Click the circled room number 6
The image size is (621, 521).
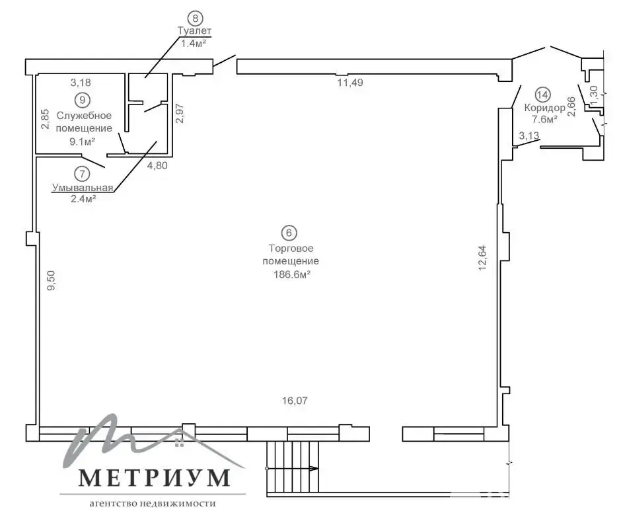tap(289, 233)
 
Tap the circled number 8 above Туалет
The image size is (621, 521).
tap(195, 18)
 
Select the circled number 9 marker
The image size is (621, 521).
tap(83, 100)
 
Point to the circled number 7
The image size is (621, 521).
tap(82, 174)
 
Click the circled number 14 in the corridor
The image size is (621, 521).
tap(542, 95)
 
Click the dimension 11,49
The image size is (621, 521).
tap(350, 83)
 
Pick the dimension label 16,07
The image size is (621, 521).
tap(295, 401)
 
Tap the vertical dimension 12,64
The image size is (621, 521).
tap(482, 258)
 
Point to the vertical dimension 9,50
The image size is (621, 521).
tap(52, 281)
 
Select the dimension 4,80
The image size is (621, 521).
tap(157, 165)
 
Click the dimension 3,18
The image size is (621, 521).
tap(81, 83)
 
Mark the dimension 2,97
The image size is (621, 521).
tap(180, 114)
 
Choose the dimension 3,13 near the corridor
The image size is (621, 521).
tap(529, 136)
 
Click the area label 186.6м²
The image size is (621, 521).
tap(291, 274)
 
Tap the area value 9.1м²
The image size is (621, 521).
tap(83, 141)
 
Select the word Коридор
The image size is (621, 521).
tap(544, 108)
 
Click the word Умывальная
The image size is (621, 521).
tap(83, 187)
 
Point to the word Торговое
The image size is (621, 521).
tap(291, 249)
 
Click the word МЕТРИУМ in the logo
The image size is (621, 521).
tap(154, 477)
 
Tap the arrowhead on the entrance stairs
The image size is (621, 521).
tap(313, 469)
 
